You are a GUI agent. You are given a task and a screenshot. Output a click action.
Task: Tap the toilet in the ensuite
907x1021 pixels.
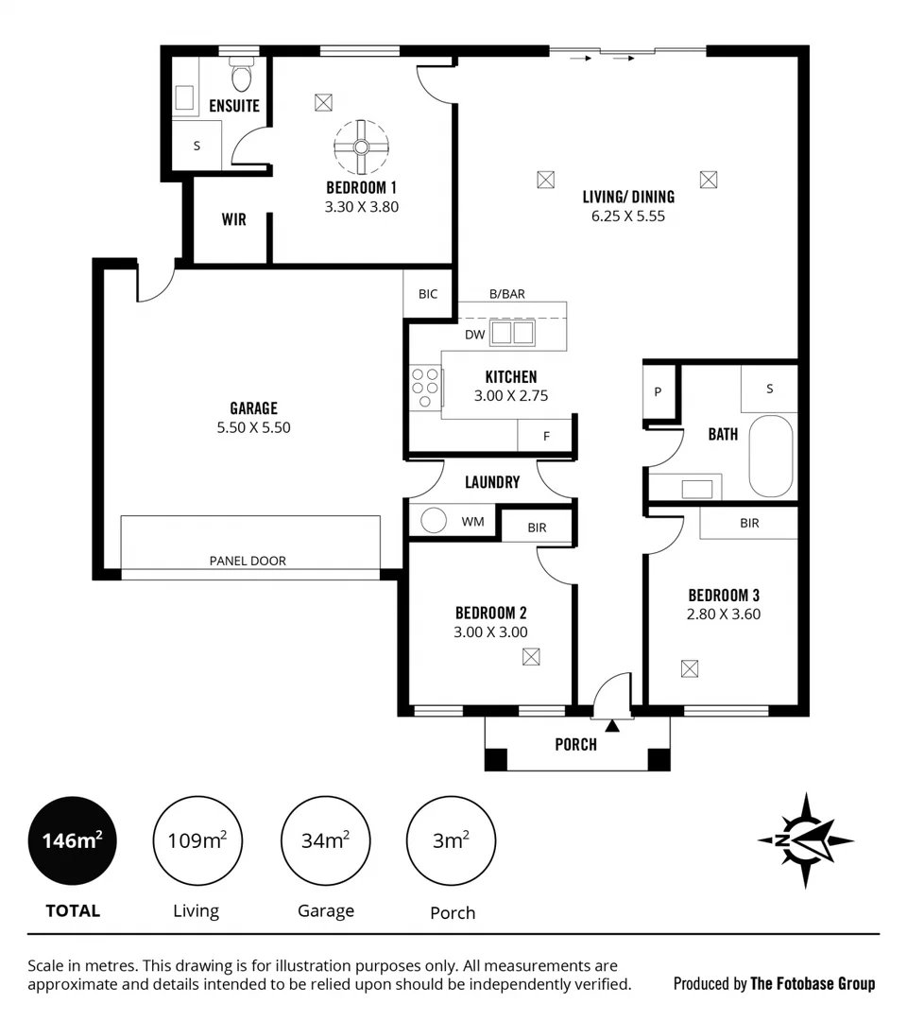(242, 75)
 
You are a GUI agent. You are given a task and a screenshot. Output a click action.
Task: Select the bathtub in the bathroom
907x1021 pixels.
(772, 456)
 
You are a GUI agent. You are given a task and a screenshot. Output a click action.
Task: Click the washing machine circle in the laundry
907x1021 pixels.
(434, 521)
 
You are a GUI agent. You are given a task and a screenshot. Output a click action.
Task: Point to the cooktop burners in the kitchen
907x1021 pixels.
(424, 387)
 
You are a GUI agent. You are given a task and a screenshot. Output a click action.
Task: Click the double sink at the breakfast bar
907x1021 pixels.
(511, 333)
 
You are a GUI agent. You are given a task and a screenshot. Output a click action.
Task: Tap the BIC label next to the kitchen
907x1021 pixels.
(428, 294)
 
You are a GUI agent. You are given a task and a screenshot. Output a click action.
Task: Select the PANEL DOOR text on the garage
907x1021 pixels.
(248, 561)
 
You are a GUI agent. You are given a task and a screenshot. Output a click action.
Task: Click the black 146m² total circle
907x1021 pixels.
(73, 839)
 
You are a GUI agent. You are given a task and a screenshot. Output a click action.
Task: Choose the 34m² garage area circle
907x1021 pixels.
(326, 839)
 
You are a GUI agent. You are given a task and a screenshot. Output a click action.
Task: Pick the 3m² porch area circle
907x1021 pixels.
(451, 839)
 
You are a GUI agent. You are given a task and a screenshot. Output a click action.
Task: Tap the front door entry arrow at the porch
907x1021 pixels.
(612, 725)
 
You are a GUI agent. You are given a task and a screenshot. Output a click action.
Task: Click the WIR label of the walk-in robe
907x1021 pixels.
(234, 219)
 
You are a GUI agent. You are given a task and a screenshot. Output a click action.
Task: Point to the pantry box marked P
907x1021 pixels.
(659, 391)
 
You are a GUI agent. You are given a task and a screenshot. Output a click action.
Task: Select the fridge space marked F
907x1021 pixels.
(546, 436)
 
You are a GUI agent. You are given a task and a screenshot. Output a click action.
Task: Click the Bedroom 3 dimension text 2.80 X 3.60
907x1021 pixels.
(723, 614)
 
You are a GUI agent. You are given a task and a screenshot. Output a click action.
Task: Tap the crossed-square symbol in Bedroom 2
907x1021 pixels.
(531, 656)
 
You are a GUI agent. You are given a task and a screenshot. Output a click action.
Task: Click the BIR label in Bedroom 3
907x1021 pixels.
(749, 522)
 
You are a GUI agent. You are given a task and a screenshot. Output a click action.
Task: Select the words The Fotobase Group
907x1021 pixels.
(813, 984)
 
